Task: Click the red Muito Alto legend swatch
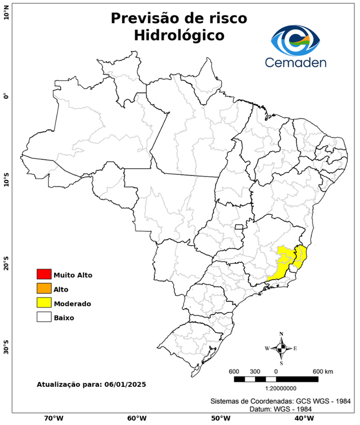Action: click(x=44, y=274)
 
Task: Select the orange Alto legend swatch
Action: click(x=44, y=288)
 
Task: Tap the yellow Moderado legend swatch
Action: click(x=44, y=303)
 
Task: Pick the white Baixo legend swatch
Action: click(x=44, y=317)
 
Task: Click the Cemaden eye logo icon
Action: click(x=296, y=38)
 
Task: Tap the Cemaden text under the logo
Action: click(x=296, y=62)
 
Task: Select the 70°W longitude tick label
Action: click(x=53, y=418)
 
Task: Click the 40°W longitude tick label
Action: click(x=302, y=418)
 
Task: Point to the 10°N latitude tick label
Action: click(x=6, y=12)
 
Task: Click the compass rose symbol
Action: click(x=281, y=348)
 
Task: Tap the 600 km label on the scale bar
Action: click(x=323, y=371)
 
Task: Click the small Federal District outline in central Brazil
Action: click(x=239, y=226)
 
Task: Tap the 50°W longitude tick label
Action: click(x=219, y=418)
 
